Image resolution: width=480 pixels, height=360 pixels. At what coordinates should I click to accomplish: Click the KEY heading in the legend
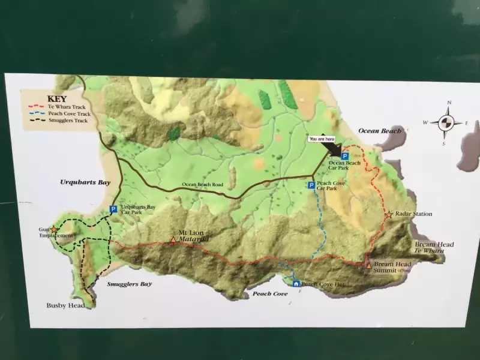click(57, 99)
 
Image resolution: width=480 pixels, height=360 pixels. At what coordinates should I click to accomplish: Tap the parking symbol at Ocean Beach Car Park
click(344, 156)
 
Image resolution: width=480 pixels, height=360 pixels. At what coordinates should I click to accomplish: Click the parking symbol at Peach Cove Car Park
click(311, 185)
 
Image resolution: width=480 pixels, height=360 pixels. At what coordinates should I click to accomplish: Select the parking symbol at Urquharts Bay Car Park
click(113, 209)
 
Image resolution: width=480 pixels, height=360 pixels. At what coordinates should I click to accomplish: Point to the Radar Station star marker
click(389, 214)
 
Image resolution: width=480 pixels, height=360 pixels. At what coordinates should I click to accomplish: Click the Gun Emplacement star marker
click(54, 229)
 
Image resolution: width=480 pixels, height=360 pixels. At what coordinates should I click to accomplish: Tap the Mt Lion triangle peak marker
click(173, 241)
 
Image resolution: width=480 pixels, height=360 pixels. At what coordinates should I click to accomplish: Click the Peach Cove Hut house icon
click(296, 283)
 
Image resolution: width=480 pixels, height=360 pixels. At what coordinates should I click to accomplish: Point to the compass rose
click(445, 123)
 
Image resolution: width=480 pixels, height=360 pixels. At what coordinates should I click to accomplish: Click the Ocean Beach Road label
click(202, 185)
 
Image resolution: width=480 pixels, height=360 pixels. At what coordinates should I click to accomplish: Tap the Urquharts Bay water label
click(85, 182)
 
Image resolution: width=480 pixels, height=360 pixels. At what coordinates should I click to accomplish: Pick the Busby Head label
click(65, 305)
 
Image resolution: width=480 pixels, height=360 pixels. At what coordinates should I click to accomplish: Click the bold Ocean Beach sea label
click(379, 131)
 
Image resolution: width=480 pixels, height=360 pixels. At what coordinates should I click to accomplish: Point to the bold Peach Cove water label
click(269, 294)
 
